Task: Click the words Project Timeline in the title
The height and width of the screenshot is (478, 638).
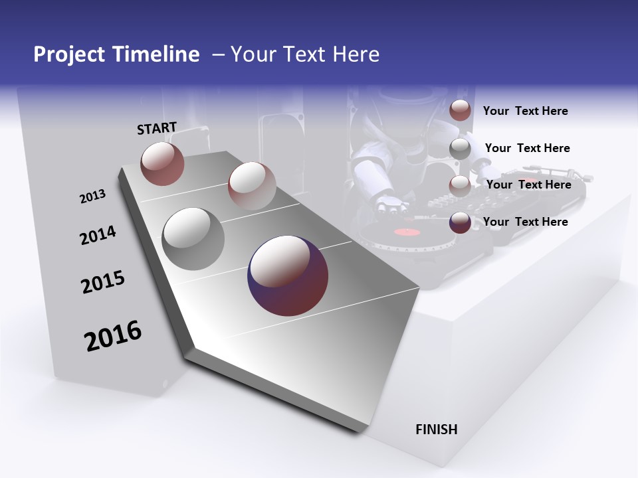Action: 116,54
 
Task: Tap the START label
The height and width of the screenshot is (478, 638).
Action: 157,128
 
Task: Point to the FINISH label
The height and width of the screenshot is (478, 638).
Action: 437,430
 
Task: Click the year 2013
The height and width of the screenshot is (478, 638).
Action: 92,197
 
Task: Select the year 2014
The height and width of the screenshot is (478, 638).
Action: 98,235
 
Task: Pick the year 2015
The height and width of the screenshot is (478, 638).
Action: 103,282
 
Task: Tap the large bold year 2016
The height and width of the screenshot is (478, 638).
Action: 113,335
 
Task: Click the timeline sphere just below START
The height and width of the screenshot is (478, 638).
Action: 162,163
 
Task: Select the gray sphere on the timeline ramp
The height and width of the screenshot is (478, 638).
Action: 193,238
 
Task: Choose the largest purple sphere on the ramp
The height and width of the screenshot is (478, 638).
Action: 288,276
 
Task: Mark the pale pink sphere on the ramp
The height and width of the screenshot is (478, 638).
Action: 252,186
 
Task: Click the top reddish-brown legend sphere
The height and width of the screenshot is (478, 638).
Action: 460,110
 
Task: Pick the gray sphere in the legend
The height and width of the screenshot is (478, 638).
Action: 460,149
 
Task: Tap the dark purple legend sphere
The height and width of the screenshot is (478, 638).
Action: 460,222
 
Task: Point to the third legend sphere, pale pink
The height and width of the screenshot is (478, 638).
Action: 460,186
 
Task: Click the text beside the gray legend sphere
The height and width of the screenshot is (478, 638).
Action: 527,148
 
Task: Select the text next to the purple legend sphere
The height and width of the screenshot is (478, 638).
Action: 525,222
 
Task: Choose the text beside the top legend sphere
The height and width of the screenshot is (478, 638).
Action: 525,111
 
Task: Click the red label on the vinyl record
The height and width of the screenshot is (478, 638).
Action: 408,232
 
